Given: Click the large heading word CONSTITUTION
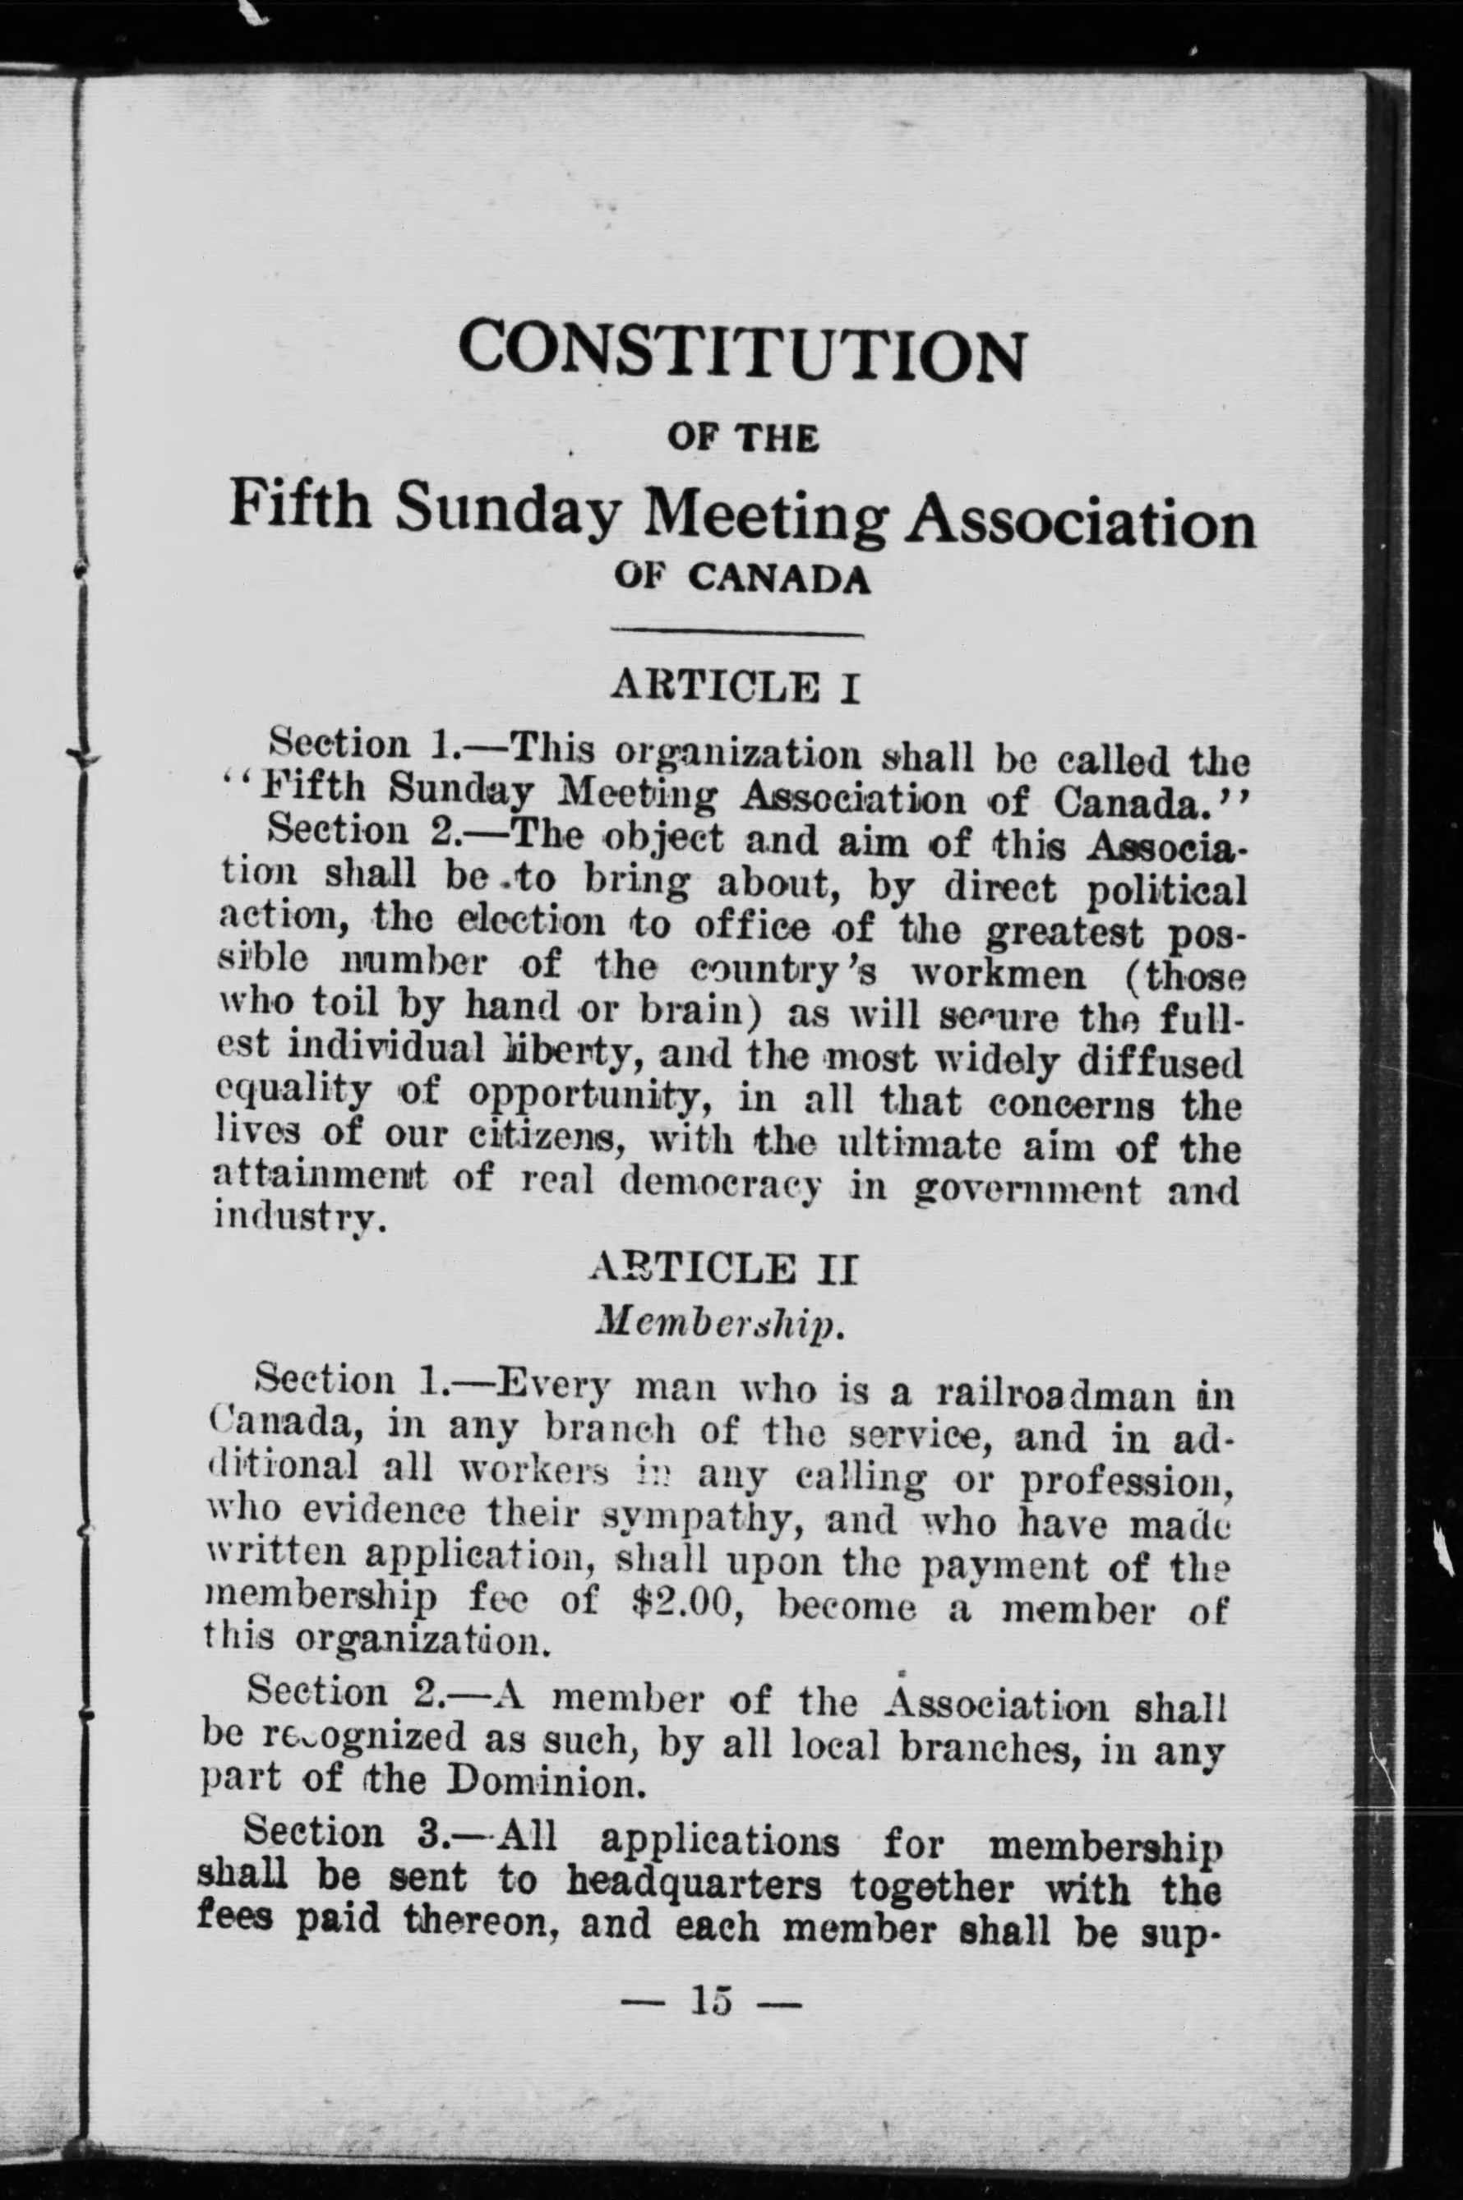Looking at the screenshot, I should (741, 352).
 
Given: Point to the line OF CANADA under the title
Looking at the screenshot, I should (743, 580).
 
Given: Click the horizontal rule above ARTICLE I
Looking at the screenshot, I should (737, 635).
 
